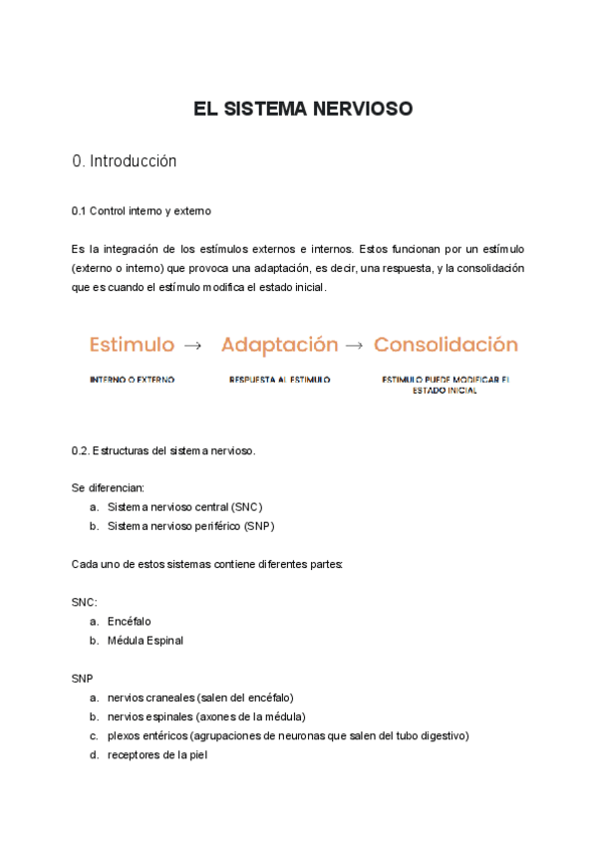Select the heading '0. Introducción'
[125, 161]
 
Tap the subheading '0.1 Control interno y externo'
[142, 211]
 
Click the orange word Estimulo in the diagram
[132, 345]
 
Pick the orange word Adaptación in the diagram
[279, 345]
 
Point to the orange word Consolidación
[446, 345]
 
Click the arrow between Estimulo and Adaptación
[193, 346]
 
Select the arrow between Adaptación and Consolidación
[354, 346]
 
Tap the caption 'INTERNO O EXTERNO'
[132, 380]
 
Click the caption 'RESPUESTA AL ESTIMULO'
[279, 380]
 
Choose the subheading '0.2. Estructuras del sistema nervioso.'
[164, 450]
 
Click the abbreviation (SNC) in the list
[242, 506]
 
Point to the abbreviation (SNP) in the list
[258, 525]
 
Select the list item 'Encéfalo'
[130, 621]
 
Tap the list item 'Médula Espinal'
[146, 640]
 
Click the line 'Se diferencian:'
[108, 487]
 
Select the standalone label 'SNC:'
[85, 602]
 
